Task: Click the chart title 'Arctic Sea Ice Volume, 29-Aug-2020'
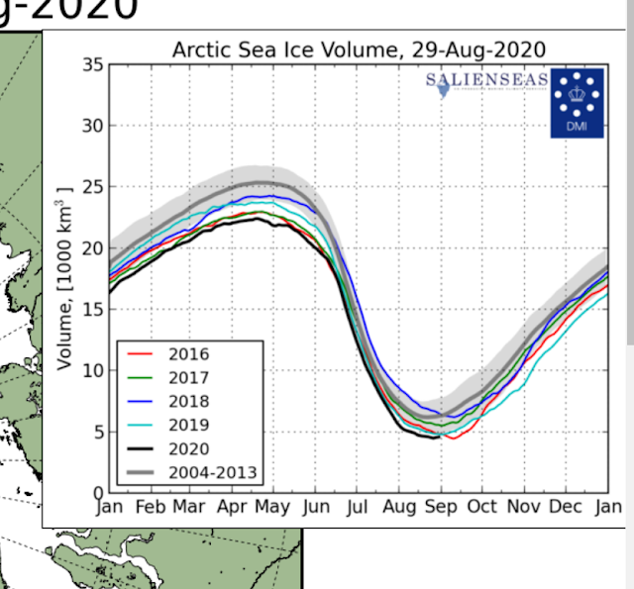[359, 49]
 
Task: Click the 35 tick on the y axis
[92, 65]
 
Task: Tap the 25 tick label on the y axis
[92, 187]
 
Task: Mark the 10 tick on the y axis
[92, 370]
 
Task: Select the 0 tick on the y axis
[97, 492]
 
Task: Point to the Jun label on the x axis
[315, 508]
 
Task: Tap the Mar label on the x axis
[188, 508]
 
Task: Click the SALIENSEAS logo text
[485, 79]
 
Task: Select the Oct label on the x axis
[481, 508]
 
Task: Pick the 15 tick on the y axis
[92, 309]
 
